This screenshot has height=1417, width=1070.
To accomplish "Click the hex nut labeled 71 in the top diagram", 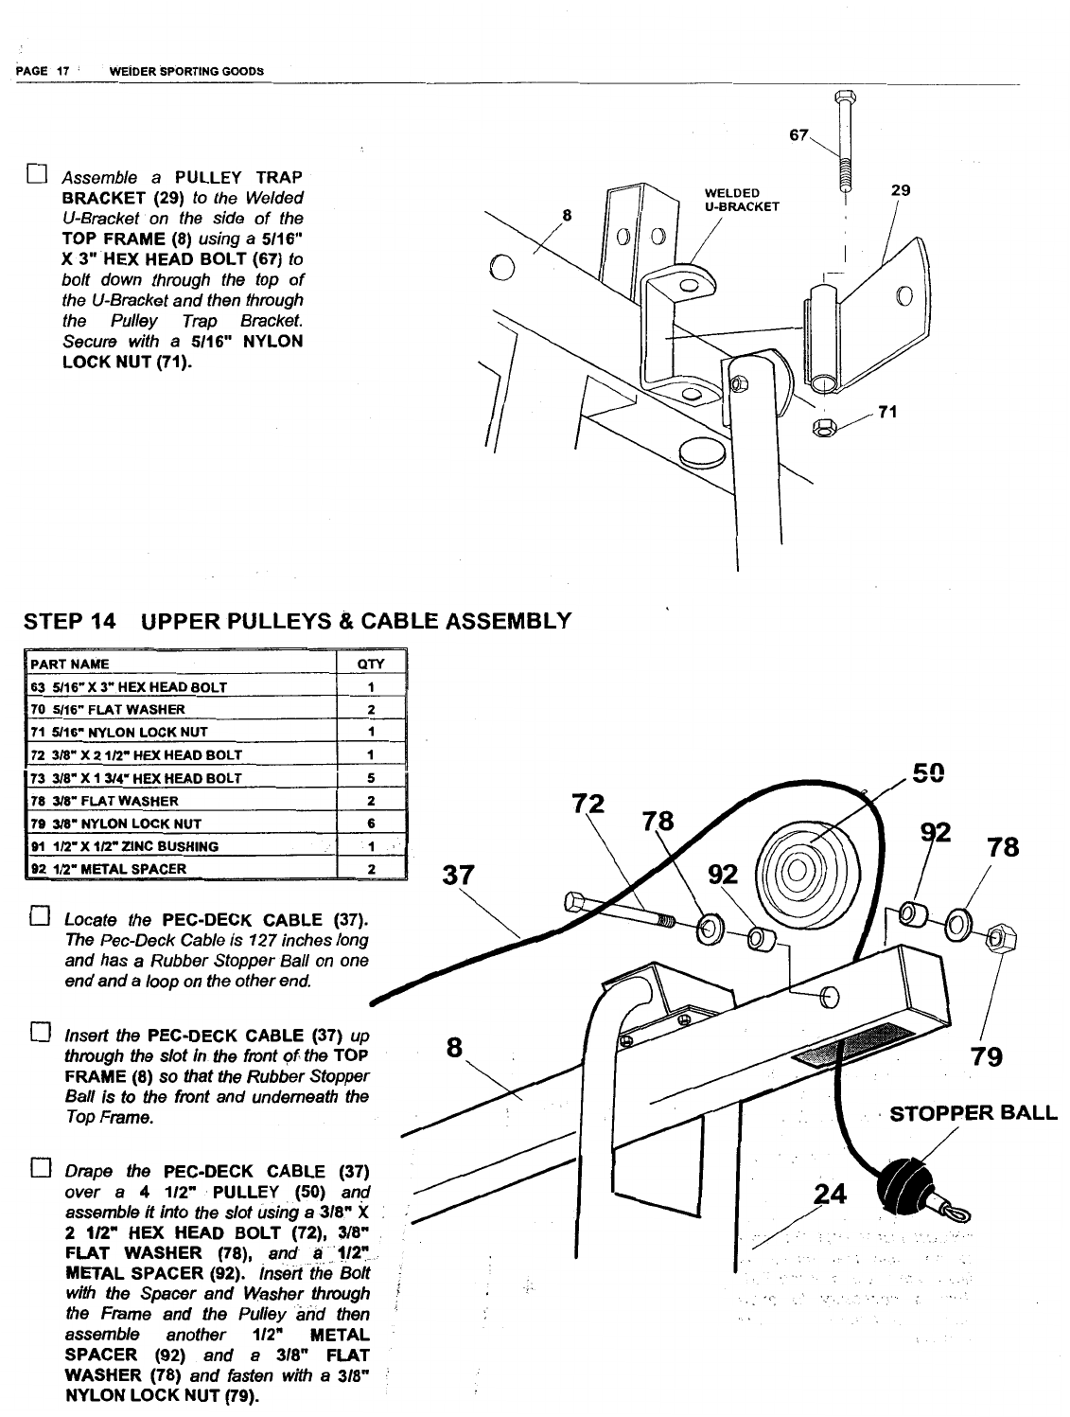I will point(824,428).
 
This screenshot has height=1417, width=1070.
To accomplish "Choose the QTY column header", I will point(370,664).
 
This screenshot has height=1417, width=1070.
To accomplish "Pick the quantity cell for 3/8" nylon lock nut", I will point(371,824).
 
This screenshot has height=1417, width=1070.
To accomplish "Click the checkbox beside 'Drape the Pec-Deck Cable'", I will point(39,1170).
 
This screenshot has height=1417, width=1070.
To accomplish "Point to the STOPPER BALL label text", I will point(974,1112).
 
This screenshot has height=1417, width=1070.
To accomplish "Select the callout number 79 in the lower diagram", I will point(987,1056).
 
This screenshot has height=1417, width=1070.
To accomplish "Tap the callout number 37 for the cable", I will point(458,876).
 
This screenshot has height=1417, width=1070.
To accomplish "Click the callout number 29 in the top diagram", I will point(901,190).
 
